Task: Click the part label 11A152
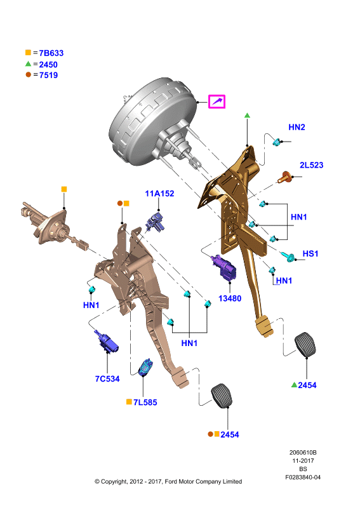click(159, 194)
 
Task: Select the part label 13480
click(230, 298)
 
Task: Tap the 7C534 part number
click(107, 378)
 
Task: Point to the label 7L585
click(145, 403)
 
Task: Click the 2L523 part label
click(311, 165)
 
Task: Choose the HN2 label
click(297, 127)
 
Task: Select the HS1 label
click(310, 253)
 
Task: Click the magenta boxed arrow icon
click(217, 102)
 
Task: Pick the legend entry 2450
click(48, 65)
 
